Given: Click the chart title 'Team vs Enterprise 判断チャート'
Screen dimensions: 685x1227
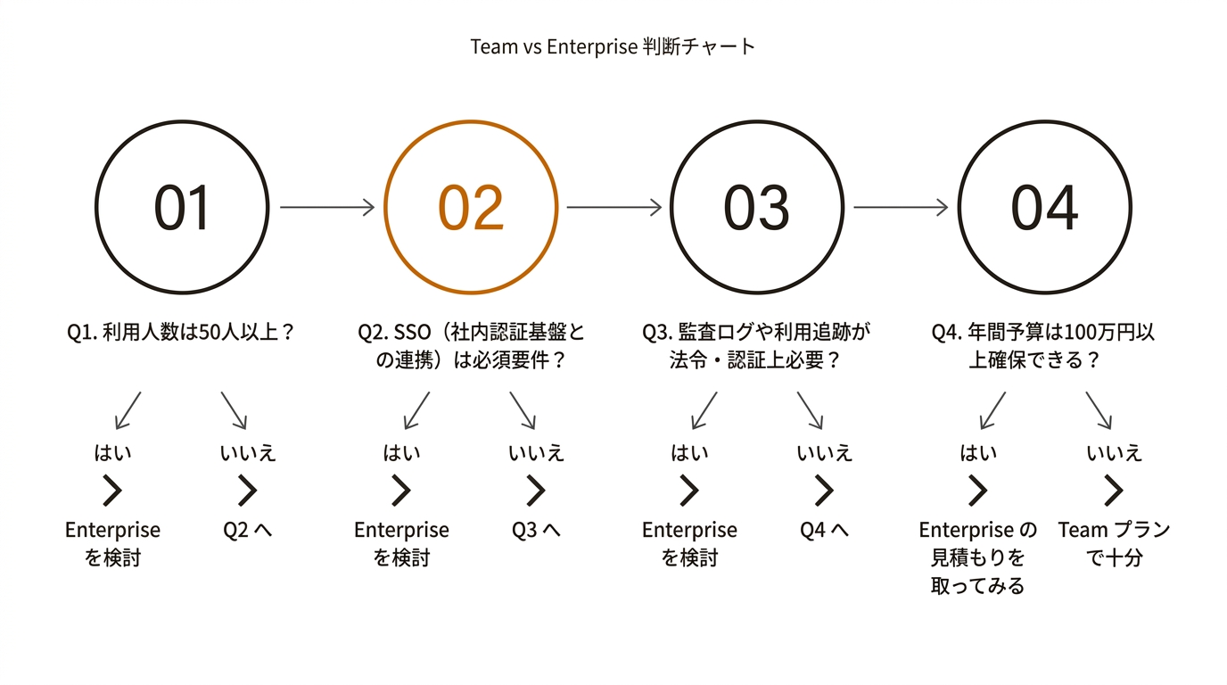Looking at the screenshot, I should tap(613, 46).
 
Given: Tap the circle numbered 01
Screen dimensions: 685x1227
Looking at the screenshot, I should tap(182, 207).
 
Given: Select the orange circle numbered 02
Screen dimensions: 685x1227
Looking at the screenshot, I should tap(471, 207).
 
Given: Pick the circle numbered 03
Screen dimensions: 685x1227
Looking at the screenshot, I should tap(757, 207).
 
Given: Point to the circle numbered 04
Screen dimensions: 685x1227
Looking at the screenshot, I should tap(1044, 207).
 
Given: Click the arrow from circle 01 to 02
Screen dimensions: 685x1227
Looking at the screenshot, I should tap(326, 207).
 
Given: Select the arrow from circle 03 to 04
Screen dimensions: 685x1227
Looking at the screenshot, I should tap(901, 207).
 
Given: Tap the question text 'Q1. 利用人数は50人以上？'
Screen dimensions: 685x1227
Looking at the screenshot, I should tap(181, 333).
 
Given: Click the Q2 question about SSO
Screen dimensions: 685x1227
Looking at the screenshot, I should tap(471, 346).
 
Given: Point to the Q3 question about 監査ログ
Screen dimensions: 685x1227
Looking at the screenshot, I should tap(755, 346).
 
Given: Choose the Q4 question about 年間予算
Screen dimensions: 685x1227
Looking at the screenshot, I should tap(1043, 346).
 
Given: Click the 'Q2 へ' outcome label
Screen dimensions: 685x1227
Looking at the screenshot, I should tap(247, 530).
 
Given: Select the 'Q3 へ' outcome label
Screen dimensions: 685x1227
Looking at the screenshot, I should tap(536, 530).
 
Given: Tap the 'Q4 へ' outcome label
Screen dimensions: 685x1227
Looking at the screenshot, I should tap(824, 530).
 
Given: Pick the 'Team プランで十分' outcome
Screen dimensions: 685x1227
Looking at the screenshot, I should tap(1114, 543).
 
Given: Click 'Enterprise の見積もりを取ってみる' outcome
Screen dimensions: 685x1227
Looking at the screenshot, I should tap(978, 557).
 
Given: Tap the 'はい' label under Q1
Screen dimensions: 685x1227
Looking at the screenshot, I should tap(112, 453).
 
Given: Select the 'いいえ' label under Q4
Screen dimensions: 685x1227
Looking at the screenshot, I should tap(1114, 453).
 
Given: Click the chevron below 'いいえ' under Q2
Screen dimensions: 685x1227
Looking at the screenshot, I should tap(536, 491).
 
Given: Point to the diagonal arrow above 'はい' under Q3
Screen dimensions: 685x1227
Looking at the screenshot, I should tap(704, 410).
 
